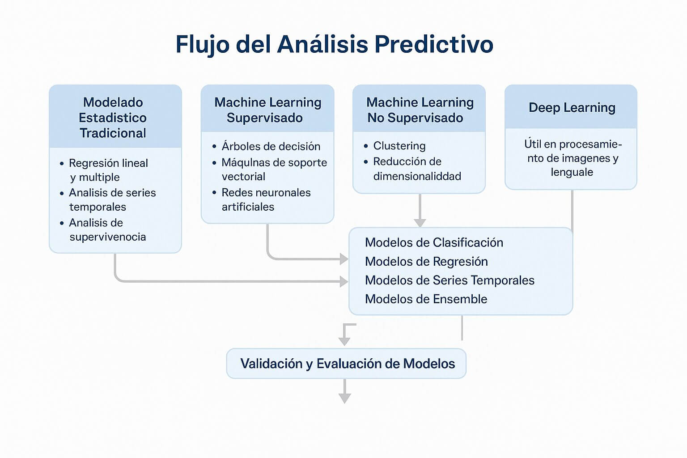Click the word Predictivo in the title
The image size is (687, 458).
[433, 44]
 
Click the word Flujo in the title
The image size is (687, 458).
[203, 44]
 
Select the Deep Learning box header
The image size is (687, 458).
[572, 107]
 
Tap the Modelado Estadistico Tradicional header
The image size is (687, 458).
[113, 117]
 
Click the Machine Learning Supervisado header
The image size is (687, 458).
[267, 110]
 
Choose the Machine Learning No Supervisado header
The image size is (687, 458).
[420, 110]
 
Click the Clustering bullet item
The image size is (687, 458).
[399, 146]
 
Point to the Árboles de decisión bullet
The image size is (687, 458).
[271, 146]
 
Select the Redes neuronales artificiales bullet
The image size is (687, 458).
[266, 199]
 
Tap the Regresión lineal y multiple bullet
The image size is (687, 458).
[108, 170]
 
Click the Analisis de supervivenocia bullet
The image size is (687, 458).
[107, 229]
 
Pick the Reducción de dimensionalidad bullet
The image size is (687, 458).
[416, 169]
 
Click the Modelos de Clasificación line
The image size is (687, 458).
[434, 242]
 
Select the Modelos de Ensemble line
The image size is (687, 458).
[426, 299]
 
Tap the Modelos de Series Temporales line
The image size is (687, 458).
[450, 280]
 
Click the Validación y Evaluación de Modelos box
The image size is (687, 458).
[347, 364]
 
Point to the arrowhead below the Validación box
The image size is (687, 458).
[344, 398]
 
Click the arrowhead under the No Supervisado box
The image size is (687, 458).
[420, 222]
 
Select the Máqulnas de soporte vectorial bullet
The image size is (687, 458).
[274, 170]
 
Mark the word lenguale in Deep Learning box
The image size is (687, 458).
[572, 172]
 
